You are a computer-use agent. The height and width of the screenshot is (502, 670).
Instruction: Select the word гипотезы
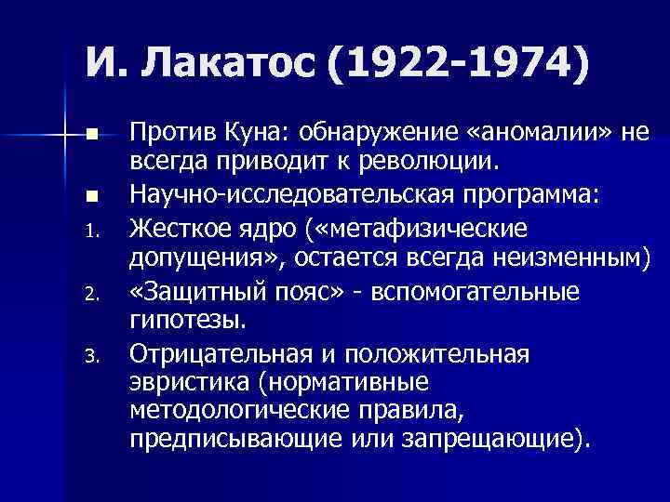click(186, 321)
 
